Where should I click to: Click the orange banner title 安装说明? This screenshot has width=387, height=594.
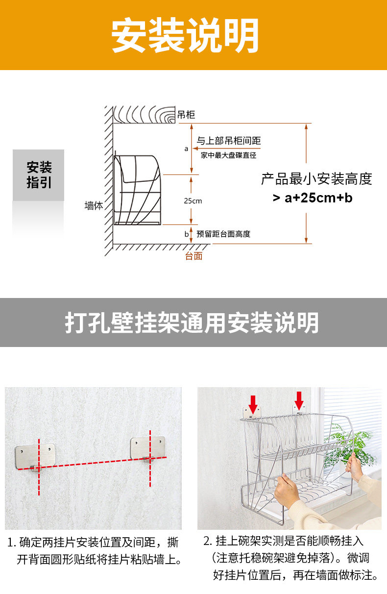tap(185, 35)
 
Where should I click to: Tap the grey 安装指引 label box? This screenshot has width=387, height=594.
tap(39, 175)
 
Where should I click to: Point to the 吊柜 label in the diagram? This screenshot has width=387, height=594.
tap(186, 115)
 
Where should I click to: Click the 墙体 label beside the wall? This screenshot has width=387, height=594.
tap(94, 206)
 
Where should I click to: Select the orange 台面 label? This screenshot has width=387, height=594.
tap(193, 256)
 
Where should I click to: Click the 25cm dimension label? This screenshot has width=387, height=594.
tap(193, 201)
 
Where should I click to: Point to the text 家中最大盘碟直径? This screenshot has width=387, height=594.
tap(228, 155)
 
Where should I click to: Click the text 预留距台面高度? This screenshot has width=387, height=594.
tap(223, 234)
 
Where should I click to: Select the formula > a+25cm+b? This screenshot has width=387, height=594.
tap(313, 198)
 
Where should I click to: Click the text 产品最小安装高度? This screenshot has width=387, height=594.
tap(316, 179)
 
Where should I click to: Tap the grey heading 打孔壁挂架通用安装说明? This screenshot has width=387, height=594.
tap(192, 322)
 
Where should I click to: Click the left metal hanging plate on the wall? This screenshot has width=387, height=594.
tap(35, 455)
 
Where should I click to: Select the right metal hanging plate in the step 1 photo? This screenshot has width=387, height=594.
tap(147, 448)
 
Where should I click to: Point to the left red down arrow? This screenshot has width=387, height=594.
tap(253, 403)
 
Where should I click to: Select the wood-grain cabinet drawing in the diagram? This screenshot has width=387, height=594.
tap(145, 115)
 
